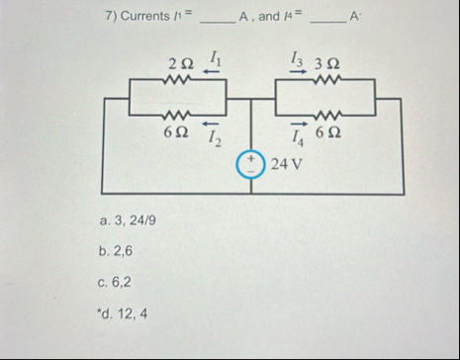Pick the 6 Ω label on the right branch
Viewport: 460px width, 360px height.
click(327, 134)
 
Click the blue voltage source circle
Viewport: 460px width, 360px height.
click(250, 163)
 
